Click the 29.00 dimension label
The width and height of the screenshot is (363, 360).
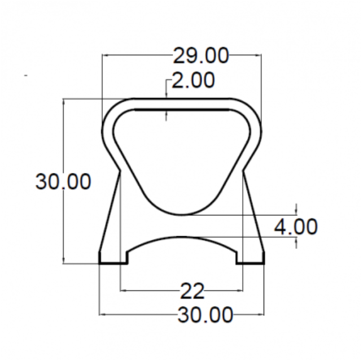201,55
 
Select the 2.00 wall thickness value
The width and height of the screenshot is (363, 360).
193,80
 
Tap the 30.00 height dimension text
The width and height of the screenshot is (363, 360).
63,181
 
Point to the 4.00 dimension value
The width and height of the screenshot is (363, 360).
296,227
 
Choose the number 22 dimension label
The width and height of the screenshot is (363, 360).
193,291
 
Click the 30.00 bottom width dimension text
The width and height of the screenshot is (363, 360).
205,315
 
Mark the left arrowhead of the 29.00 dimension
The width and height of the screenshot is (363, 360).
106,55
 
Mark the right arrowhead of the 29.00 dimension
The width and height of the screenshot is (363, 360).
258,55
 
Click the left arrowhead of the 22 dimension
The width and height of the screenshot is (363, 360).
124,290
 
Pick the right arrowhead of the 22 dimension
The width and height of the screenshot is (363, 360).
239,290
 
